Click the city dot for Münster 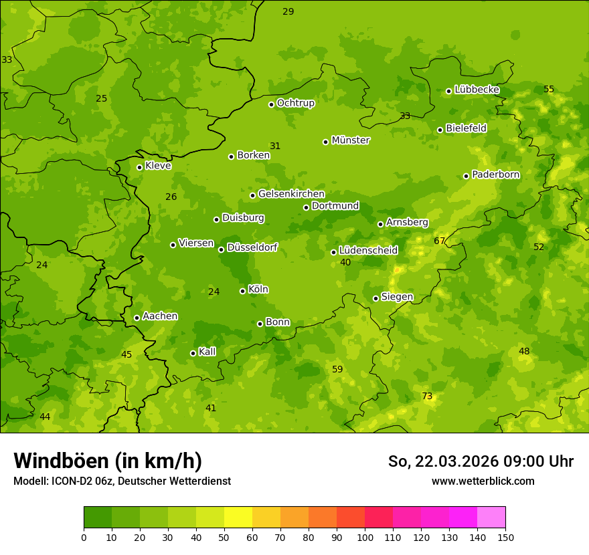point(326,142)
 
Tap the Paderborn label point(495,175)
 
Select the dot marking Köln point(242,291)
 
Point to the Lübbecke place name point(477,90)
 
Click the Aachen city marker point(137,318)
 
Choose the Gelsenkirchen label point(291,194)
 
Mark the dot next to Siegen point(375,298)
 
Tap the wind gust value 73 point(427,397)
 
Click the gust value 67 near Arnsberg point(439,241)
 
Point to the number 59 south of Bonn point(337,369)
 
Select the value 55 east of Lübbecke point(549,89)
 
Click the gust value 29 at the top point(288,11)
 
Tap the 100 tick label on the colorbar point(365,538)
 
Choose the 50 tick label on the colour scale point(224,538)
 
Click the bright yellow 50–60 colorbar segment point(238,518)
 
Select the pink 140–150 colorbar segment point(491,518)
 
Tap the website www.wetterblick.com point(483,481)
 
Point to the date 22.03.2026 point(455,461)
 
